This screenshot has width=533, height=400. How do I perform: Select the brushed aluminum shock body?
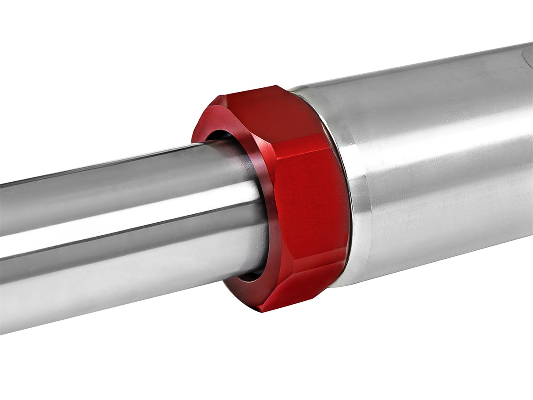pyautogui.click(x=439, y=167)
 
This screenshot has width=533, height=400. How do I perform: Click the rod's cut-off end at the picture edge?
pyautogui.click(x=2, y=255)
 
